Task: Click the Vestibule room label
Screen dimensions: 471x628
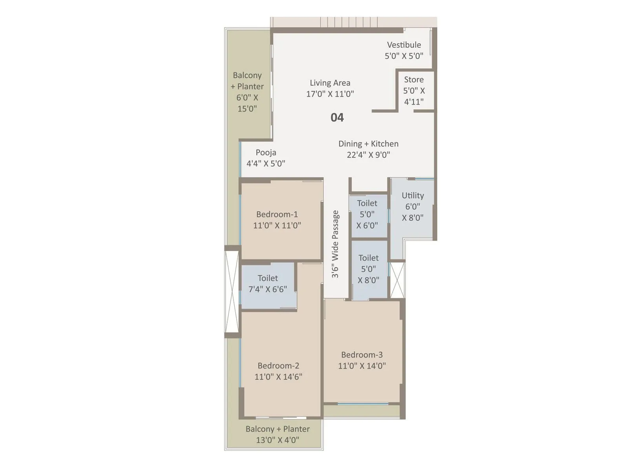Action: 404,45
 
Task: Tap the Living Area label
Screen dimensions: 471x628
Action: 330,83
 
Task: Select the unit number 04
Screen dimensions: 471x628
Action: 337,117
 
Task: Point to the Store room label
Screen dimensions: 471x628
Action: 414,80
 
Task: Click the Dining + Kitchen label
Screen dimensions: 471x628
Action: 368,144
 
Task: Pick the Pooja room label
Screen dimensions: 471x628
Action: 266,153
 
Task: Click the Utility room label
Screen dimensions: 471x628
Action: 413,195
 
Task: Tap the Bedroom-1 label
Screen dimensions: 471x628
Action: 277,214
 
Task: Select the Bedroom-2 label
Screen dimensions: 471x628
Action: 278,366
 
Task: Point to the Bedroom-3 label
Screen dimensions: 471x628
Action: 361,355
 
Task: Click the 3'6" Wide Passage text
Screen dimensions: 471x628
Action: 335,244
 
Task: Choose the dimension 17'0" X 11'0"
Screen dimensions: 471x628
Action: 330,94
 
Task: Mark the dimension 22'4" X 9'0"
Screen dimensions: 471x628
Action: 368,155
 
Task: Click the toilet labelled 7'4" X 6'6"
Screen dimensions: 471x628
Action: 268,284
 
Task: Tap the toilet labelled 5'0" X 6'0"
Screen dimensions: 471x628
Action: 367,214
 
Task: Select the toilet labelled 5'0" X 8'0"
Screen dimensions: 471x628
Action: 369,269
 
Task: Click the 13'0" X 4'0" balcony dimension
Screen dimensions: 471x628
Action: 277,440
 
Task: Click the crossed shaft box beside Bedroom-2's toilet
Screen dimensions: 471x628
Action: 232,292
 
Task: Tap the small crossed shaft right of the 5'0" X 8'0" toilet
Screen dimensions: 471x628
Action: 397,280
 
